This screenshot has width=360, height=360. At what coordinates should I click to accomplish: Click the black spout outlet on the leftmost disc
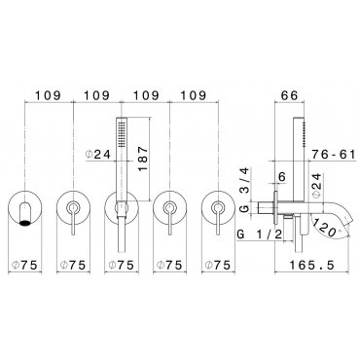tap(25, 223)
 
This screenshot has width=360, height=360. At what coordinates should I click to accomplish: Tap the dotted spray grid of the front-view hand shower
tap(123, 133)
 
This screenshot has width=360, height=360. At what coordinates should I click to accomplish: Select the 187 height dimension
tap(143, 159)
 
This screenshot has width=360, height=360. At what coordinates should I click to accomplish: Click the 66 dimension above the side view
tap(289, 95)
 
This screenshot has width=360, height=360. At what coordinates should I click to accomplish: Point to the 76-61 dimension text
tap(334, 155)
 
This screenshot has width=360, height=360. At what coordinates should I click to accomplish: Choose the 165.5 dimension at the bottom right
tap(311, 266)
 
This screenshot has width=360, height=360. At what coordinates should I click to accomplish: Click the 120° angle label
tap(326, 229)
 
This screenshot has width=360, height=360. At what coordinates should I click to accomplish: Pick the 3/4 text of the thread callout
tap(245, 180)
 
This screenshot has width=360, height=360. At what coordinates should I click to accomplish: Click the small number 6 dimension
tap(282, 177)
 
